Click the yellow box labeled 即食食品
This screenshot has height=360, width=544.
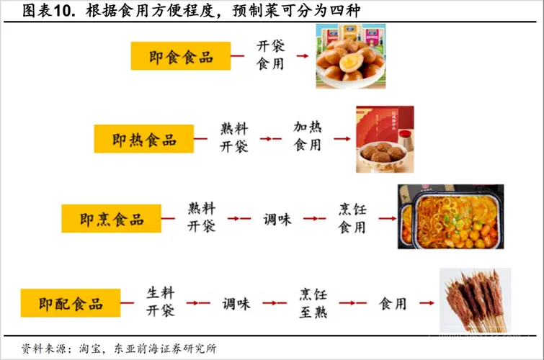[181, 56]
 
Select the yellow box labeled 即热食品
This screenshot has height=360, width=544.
[144, 139]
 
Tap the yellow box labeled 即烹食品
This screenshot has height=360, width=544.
[112, 218]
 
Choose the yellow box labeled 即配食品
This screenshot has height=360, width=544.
[71, 303]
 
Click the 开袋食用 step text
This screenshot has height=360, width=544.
[271, 55]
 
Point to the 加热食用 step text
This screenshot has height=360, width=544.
[308, 136]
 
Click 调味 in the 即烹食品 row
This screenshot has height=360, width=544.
[277, 219]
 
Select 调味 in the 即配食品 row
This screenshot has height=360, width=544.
[236, 304]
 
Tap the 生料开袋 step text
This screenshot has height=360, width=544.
[160, 302]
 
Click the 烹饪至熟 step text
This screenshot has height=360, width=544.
[313, 303]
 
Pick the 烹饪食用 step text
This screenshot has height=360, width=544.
[352, 218]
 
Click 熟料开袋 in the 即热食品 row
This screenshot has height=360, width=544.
[234, 138]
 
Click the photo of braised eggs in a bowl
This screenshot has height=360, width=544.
[351, 56]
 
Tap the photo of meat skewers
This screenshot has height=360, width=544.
[475, 300]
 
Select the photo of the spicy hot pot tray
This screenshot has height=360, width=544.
[450, 217]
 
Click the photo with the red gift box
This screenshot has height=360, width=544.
[385, 139]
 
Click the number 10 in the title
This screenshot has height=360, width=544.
[62, 11]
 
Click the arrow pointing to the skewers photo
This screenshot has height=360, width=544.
[427, 303]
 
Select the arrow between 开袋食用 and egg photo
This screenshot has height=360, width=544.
[303, 56]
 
